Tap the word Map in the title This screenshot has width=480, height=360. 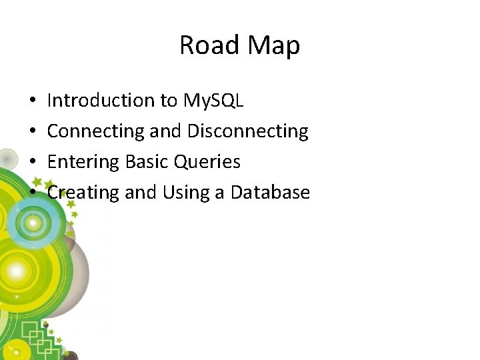click(273, 45)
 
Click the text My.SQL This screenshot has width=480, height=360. click(213, 101)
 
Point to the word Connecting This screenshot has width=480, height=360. click(96, 131)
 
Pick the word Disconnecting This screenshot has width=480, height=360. click(247, 131)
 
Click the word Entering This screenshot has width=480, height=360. click(83, 162)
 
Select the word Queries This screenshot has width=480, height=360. click(207, 162)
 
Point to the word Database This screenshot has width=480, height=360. click(270, 193)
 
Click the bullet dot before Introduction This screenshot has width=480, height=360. click(32, 101)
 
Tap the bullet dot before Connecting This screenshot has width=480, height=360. click(32, 132)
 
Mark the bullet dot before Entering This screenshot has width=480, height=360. click(32, 163)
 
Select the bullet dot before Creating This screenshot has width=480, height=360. click(32, 193)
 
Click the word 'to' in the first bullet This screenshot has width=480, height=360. click(168, 101)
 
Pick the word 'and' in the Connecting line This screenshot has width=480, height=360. click(165, 131)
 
